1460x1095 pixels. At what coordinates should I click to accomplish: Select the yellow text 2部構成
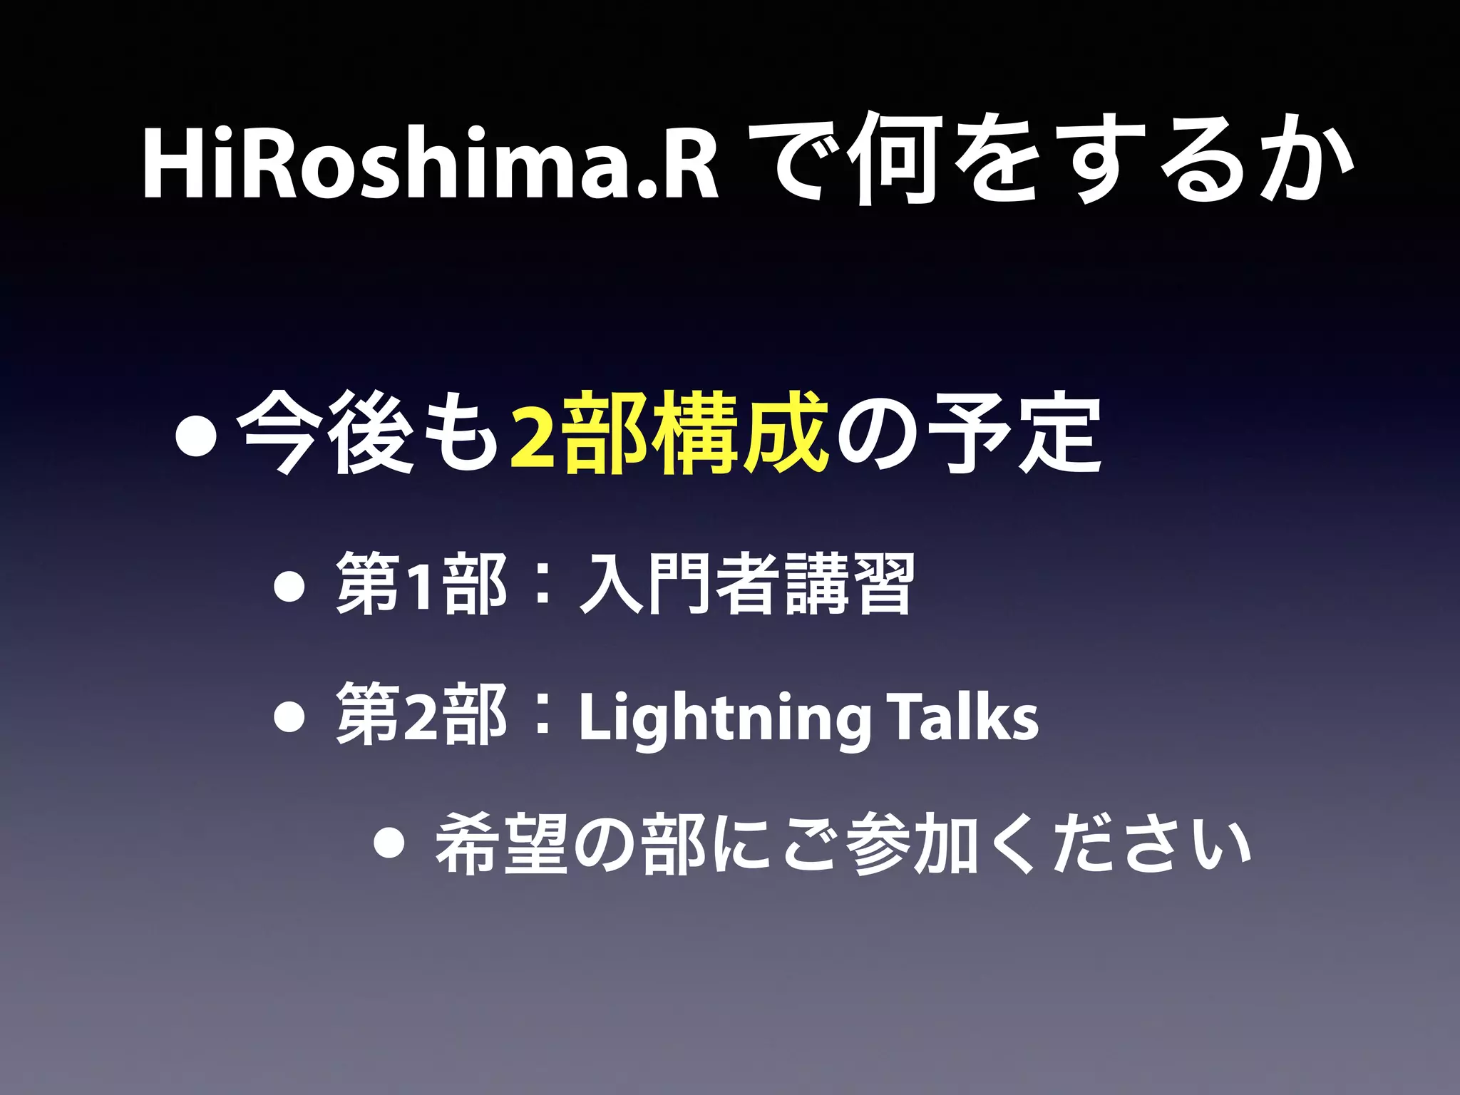(x=669, y=433)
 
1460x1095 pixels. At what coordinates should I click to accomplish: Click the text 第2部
(x=421, y=714)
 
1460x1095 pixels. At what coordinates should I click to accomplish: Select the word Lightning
(x=724, y=719)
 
